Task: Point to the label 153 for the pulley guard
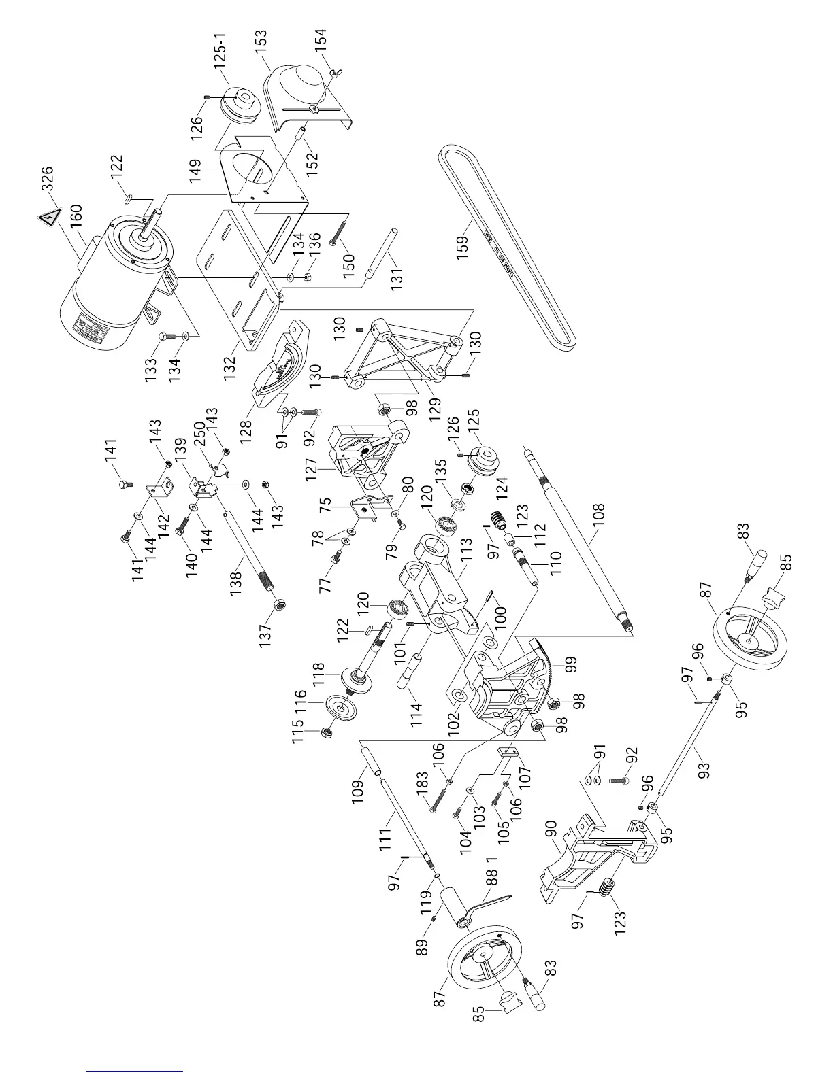pos(261,44)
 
